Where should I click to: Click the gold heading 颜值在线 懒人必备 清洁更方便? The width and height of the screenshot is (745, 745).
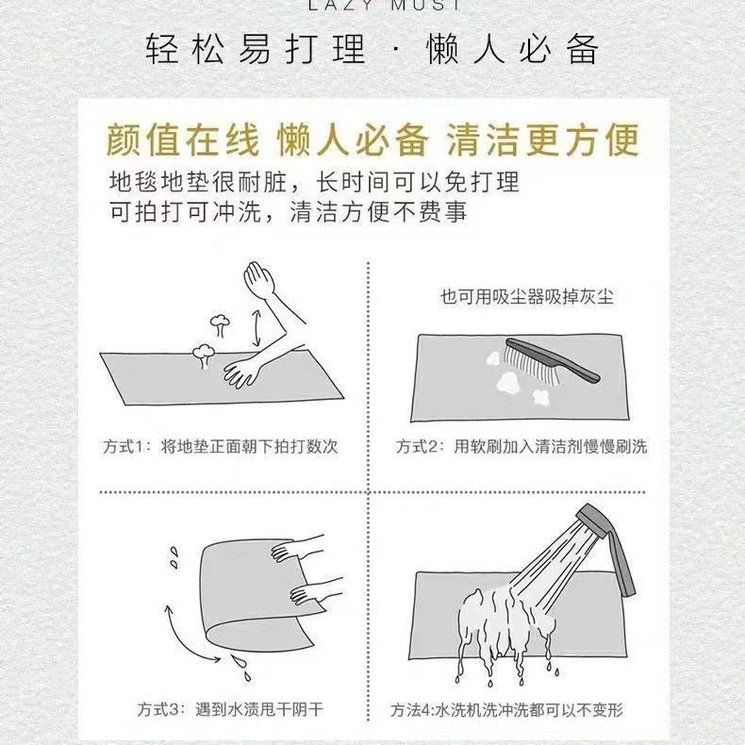pos(372,141)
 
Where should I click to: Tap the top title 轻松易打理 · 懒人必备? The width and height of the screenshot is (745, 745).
pos(372,49)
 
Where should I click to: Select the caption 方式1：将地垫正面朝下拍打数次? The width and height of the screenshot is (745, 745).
pos(221,447)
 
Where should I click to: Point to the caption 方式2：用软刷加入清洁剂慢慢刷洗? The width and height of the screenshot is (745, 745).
pos(521,447)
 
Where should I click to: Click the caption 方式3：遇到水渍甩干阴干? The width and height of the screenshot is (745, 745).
pos(231,710)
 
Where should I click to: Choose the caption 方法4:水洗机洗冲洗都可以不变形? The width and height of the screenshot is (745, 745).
pos(506,710)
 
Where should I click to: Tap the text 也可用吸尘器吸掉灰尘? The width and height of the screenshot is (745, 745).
pos(527,297)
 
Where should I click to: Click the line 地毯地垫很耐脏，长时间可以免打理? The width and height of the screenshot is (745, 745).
pos(314,182)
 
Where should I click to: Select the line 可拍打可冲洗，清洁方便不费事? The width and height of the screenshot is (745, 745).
pos(289,212)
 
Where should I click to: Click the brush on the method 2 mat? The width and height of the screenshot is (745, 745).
pos(551,360)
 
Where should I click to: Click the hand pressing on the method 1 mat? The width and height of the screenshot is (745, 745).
pos(242,372)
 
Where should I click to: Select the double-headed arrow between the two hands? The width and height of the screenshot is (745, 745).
pos(257,328)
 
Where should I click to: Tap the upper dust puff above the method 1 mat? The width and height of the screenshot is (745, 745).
pos(220,325)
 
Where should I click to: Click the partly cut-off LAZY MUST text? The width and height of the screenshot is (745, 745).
pos(384,5)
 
